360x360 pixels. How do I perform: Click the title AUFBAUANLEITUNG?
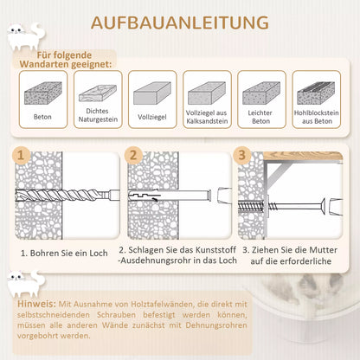click(x=180, y=22)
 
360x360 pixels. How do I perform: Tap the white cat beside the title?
click(x=25, y=36)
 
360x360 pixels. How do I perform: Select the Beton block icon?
click(x=43, y=93)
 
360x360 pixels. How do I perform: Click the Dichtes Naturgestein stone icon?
click(x=98, y=93)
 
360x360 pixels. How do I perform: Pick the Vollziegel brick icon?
click(x=152, y=93)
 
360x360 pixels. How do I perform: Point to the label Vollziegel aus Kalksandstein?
click(x=207, y=117)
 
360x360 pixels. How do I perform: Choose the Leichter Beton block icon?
click(x=261, y=93)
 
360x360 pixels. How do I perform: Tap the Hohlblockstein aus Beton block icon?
click(x=316, y=93)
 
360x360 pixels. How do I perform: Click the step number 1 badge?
click(x=21, y=155)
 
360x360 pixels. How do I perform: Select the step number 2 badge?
click(x=133, y=155)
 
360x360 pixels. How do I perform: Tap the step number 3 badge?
click(x=241, y=155)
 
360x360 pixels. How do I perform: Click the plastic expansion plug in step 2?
click(x=170, y=196)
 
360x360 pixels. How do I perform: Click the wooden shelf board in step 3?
click(x=303, y=156)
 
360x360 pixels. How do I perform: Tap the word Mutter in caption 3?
click(x=322, y=250)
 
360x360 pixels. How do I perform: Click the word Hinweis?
click(x=36, y=304)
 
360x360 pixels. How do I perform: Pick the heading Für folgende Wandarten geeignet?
click(x=65, y=60)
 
